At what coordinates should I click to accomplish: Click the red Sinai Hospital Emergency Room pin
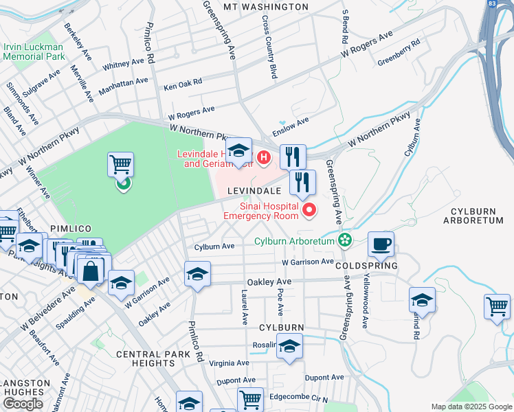click(x=309, y=209)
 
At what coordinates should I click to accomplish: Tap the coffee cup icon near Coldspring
click(x=381, y=244)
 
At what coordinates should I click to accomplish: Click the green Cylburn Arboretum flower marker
click(x=344, y=240)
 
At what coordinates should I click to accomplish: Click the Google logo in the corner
click(x=23, y=404)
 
